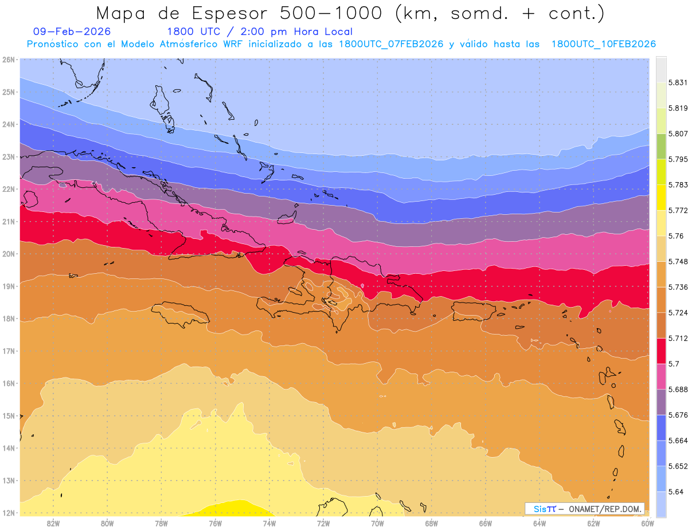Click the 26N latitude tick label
click(x=8, y=60)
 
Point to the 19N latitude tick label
click(x=8, y=286)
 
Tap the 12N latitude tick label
click(x=8, y=513)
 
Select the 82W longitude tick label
click(x=53, y=523)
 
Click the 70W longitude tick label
click(x=377, y=523)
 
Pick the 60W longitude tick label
click(x=647, y=523)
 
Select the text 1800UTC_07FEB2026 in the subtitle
click(x=391, y=44)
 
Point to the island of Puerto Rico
click(x=473, y=310)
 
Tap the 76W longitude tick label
click(x=215, y=523)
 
